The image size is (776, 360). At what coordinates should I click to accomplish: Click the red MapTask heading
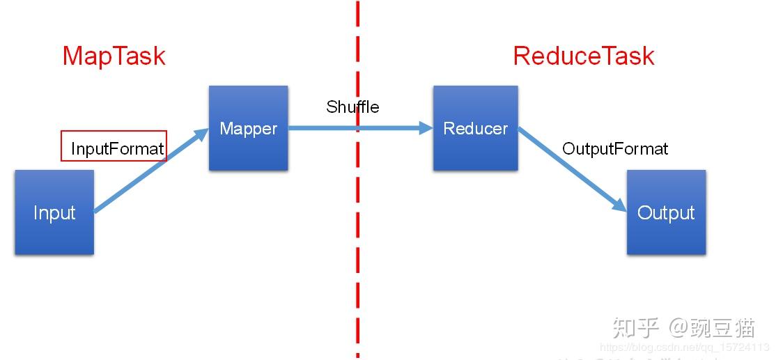coord(114,56)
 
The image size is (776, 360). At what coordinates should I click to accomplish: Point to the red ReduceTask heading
coord(584,56)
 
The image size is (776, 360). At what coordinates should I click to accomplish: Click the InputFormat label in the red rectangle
coord(117,148)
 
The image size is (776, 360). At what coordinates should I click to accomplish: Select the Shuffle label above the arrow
coord(352,107)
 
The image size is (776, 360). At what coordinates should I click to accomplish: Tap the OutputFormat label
coord(615,148)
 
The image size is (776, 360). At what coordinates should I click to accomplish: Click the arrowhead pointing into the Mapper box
coord(203,134)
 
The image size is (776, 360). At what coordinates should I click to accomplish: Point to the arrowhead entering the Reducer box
coord(426,128)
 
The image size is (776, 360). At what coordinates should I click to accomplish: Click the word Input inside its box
coord(54,212)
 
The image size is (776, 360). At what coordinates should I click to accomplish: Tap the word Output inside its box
coord(666,212)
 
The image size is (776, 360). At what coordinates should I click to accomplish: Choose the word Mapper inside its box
coord(248,129)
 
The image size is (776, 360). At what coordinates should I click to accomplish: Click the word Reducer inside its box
coord(475,129)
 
